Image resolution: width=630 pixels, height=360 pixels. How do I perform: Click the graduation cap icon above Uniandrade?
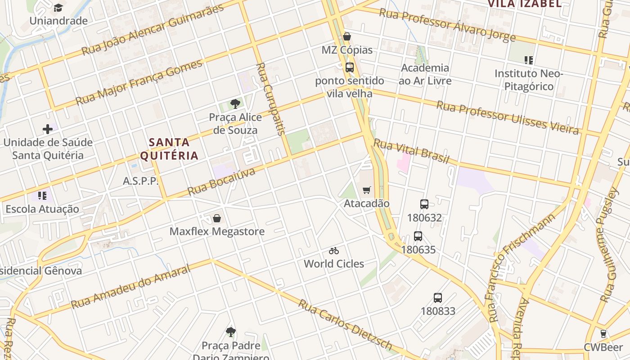pos(58,8)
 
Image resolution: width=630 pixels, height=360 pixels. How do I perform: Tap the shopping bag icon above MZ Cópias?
pos(347,36)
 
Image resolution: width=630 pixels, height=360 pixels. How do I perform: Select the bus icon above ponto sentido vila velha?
pos(349,67)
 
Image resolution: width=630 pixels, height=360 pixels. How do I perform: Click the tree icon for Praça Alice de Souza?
pos(235,104)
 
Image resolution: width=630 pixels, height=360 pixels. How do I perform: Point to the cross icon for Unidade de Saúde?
pos(48,129)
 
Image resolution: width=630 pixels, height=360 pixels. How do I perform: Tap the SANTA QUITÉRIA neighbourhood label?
pos(169,149)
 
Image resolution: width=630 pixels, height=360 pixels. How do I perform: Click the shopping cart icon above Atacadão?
pos(367,190)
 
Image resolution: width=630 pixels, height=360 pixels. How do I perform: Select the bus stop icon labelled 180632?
pos(424,204)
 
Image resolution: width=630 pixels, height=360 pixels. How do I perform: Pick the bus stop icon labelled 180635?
pos(418,236)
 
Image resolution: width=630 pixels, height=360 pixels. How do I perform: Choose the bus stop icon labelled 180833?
pos(438,297)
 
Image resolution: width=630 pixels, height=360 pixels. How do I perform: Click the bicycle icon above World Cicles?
pos(333,251)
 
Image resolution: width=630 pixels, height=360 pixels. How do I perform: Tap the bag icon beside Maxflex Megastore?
pos(217,218)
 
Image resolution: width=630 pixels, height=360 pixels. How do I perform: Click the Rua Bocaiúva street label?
pos(221,181)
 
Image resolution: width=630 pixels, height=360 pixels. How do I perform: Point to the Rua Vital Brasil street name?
pos(411,152)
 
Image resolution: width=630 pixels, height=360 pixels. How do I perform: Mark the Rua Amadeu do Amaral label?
pos(131,287)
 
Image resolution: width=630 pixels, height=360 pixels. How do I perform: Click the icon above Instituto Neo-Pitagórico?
pos(529,60)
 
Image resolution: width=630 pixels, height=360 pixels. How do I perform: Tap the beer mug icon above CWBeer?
pos(603,334)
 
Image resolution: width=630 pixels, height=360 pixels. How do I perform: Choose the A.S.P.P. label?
pos(141,181)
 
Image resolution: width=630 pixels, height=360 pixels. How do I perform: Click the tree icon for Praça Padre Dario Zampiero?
pos(231,332)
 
